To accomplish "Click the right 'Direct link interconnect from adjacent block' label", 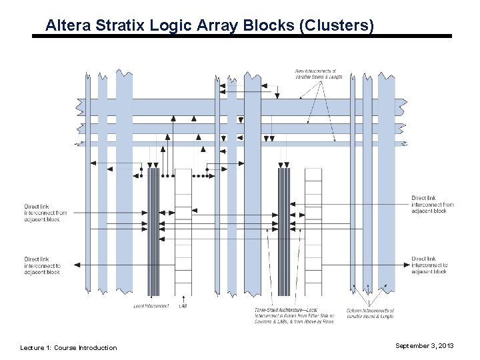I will click(432, 205).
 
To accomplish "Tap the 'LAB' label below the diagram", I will click(183, 306).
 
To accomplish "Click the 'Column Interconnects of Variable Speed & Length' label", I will click(370, 313).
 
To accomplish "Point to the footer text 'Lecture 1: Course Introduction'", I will click(69, 347).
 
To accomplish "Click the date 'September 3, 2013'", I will click(424, 346).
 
